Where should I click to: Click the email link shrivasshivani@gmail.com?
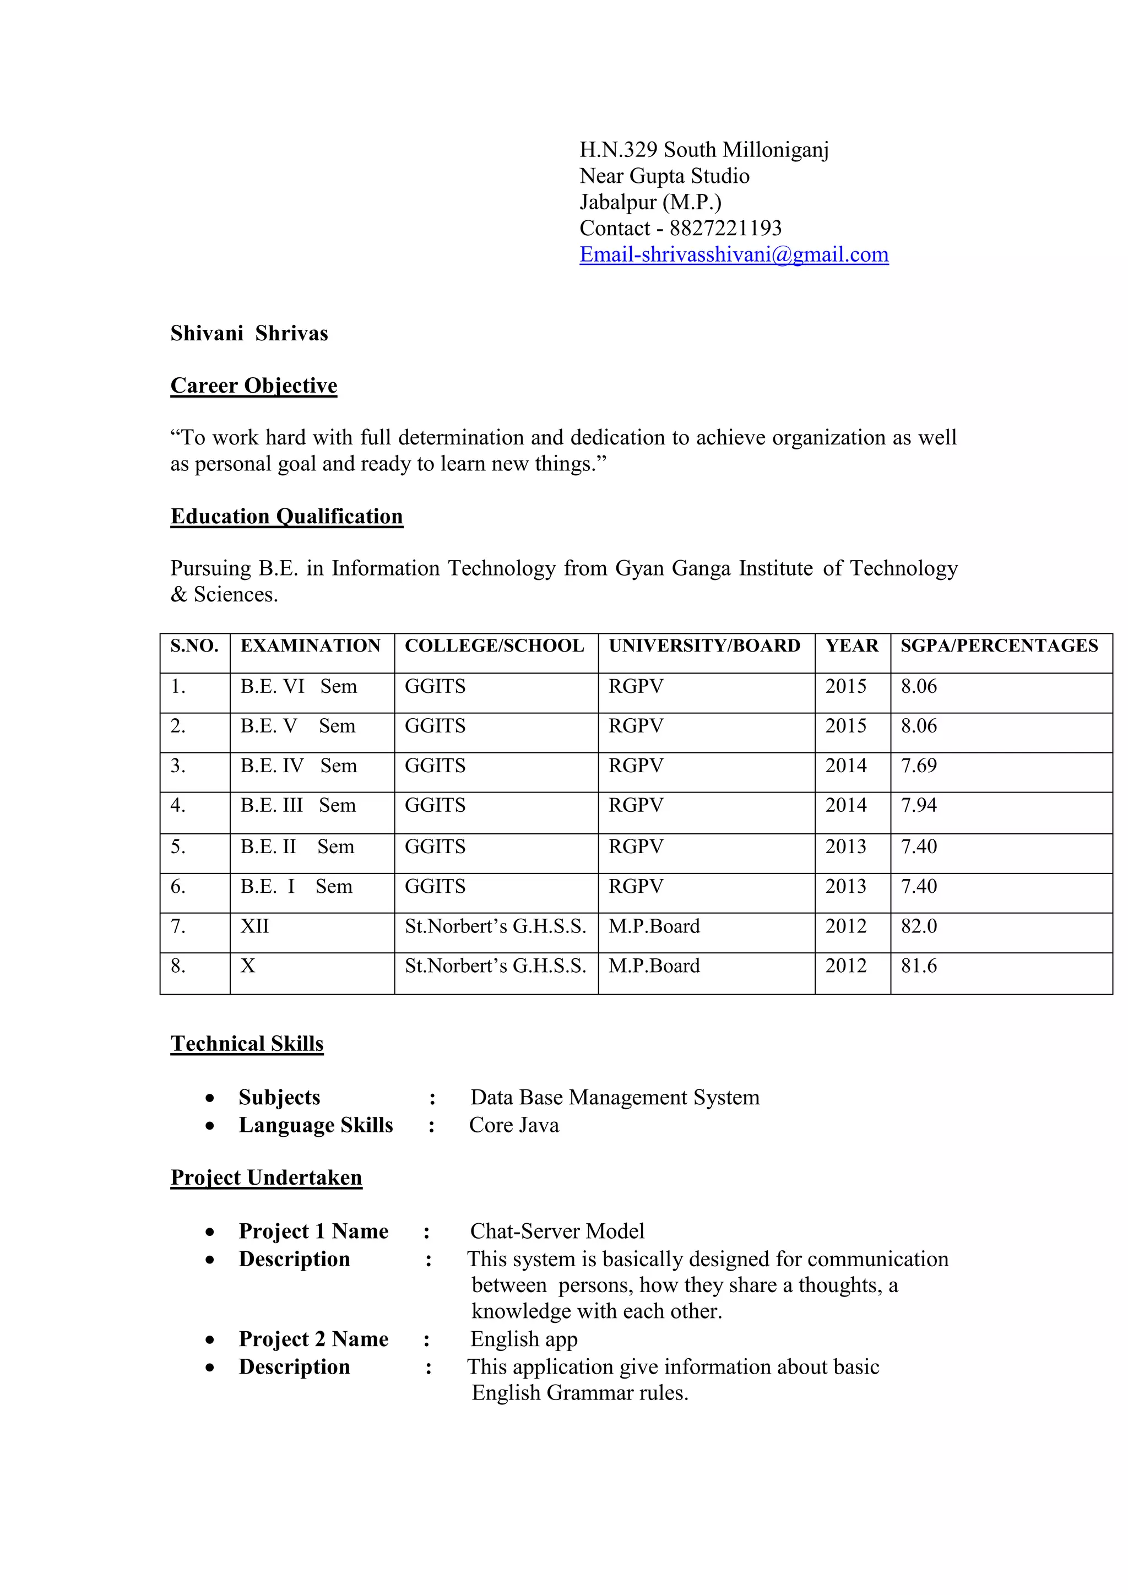click(x=734, y=255)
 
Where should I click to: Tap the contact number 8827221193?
click(x=725, y=229)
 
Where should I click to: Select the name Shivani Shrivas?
click(x=248, y=333)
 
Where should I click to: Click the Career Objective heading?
click(x=253, y=386)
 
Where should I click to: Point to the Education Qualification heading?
click(x=286, y=516)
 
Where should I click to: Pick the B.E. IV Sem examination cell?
click(x=298, y=766)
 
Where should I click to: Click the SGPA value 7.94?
click(x=918, y=805)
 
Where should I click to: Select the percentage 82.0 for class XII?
click(x=918, y=926)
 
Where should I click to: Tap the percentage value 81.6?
click(x=918, y=965)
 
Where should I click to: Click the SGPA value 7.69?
click(x=918, y=766)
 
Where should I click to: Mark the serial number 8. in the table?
click(x=178, y=965)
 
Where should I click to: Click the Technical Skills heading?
click(x=247, y=1044)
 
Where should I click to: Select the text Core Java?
click(x=513, y=1125)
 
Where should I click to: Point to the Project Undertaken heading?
click(x=266, y=1178)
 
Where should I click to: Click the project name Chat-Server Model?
click(x=557, y=1231)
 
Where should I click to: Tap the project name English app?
click(x=524, y=1339)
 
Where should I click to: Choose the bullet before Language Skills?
click(x=210, y=1126)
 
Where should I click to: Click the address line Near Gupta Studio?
click(x=664, y=176)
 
